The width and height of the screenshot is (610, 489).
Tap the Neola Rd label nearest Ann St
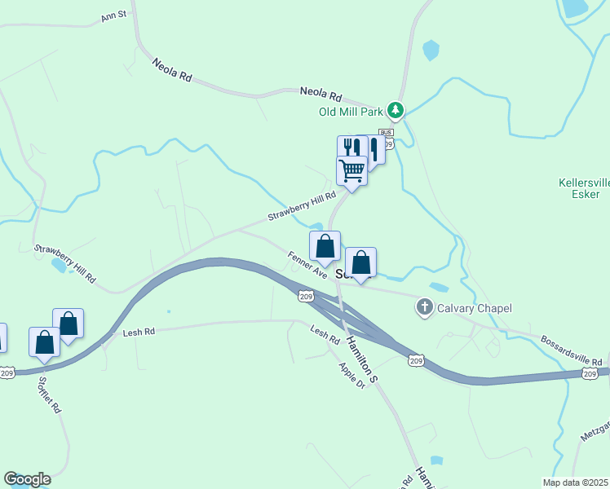click(171, 71)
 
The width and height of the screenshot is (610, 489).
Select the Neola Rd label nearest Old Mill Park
click(320, 94)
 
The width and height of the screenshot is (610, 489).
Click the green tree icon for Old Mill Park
click(396, 109)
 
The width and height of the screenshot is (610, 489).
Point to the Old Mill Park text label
click(351, 112)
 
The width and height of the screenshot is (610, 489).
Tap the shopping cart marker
click(351, 171)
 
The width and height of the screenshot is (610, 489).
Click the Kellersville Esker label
click(580, 188)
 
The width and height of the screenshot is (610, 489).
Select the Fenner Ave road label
click(307, 265)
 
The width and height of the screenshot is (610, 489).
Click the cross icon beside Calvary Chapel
click(423, 308)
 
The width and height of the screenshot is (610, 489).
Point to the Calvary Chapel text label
click(474, 308)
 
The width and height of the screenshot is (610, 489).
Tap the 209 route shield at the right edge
click(590, 373)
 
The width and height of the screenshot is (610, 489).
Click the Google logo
click(27, 479)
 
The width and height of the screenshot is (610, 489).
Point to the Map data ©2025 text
click(575, 482)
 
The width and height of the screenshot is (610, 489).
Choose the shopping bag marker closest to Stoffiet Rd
click(44, 341)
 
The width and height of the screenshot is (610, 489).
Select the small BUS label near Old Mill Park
click(386, 132)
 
